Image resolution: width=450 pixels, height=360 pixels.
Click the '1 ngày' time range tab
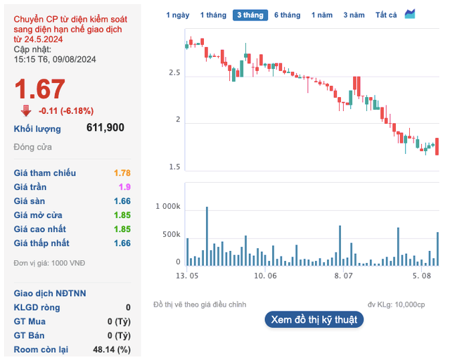point(178,15)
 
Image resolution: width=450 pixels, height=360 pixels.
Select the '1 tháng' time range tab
point(213,15)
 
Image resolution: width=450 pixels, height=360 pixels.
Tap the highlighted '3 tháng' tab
point(250,15)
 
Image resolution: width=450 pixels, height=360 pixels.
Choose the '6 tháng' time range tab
point(287,15)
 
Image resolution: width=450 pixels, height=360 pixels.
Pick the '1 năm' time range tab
point(322,15)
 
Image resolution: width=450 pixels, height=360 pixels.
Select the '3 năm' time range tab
point(354,15)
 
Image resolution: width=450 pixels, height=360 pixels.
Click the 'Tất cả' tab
point(386,15)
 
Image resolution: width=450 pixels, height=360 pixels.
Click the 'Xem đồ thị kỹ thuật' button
point(314,319)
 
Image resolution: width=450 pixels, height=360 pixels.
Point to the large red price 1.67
point(40,89)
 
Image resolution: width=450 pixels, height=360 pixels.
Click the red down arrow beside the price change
point(26,110)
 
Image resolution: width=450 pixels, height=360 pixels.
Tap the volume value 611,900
point(105,128)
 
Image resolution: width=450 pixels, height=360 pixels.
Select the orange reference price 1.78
point(122,173)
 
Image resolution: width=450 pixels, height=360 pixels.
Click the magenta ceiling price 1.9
point(124,187)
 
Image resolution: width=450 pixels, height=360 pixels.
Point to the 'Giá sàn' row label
point(30,201)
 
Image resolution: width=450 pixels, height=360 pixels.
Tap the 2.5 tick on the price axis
point(174,73)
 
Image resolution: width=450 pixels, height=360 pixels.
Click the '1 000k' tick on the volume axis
point(168,207)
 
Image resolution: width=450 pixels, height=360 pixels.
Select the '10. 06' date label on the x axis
point(266,276)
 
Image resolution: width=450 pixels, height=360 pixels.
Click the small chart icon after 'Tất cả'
point(410,14)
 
